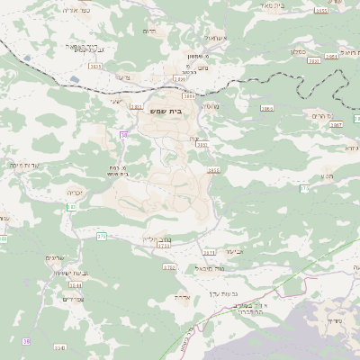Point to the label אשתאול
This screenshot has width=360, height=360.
click(217, 40)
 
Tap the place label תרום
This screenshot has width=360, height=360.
click(150, 30)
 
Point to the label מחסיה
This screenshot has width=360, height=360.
click(209, 106)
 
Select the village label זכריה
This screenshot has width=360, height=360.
click(75, 191)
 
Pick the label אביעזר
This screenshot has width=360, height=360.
click(234, 253)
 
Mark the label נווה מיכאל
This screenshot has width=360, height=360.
click(202, 268)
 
